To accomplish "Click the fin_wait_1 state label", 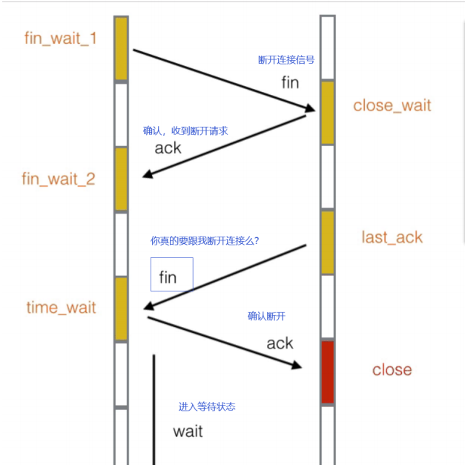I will click(61, 39).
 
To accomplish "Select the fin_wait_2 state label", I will click(59, 179).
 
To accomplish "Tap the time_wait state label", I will click(62, 307).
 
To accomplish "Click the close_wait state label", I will click(392, 105).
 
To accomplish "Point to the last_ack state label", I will click(392, 237).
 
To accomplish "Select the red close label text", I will click(392, 370).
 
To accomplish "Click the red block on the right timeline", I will click(327, 372).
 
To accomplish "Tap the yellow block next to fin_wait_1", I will click(121, 48).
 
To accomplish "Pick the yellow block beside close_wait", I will click(327, 112).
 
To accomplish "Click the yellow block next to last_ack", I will click(327, 242).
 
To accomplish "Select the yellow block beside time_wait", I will click(121, 309).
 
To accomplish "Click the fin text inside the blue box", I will click(168, 278).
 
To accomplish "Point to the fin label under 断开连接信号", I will click(290, 82).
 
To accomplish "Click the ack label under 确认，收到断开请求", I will click(168, 148).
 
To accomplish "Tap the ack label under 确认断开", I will click(280, 343).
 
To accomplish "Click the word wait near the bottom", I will click(188, 431).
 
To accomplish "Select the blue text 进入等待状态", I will click(207, 407).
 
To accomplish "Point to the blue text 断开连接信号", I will click(286, 60).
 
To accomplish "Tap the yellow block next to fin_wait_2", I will click(121, 179).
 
